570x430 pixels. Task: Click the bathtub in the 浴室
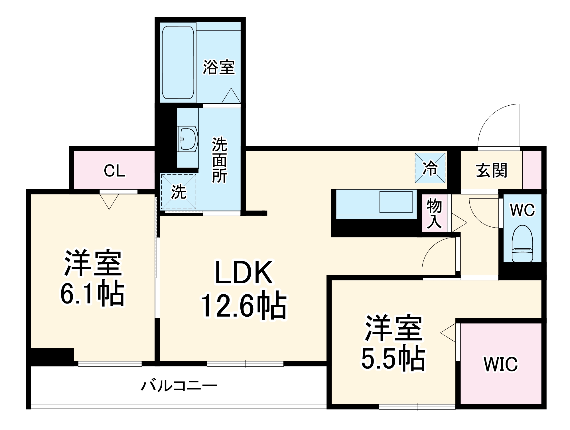coord(178,62)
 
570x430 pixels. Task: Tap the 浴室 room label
coord(219,67)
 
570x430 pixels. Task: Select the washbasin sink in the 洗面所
coord(188,139)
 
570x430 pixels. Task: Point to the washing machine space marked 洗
coord(178,191)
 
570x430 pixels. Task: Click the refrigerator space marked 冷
coord(430,168)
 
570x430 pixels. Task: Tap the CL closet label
coord(114,171)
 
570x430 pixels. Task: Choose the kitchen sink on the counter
coord(396,202)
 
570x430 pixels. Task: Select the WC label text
coord(522,210)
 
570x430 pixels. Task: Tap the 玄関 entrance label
coord(492,170)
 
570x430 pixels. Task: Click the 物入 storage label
coord(434,214)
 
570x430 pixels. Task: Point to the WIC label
coord(500,364)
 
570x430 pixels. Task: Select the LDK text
coord(244,273)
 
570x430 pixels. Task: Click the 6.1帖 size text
coord(93,294)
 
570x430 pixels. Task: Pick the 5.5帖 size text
coord(393,358)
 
